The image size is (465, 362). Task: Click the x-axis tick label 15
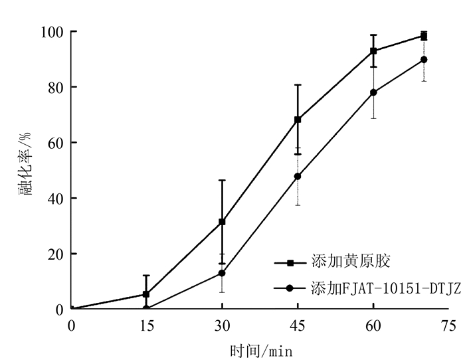(146, 325)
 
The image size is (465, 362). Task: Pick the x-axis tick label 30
(222, 325)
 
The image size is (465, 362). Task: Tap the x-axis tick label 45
(298, 325)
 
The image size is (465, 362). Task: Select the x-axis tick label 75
(449, 325)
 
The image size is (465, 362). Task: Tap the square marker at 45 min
(298, 120)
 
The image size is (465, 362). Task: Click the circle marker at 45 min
(298, 177)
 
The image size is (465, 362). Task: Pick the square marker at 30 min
(222, 221)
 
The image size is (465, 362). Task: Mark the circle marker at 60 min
(373, 92)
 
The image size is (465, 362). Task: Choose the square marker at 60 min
(373, 50)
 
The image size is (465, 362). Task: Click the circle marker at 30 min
(222, 273)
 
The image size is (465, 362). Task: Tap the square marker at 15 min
(146, 294)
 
